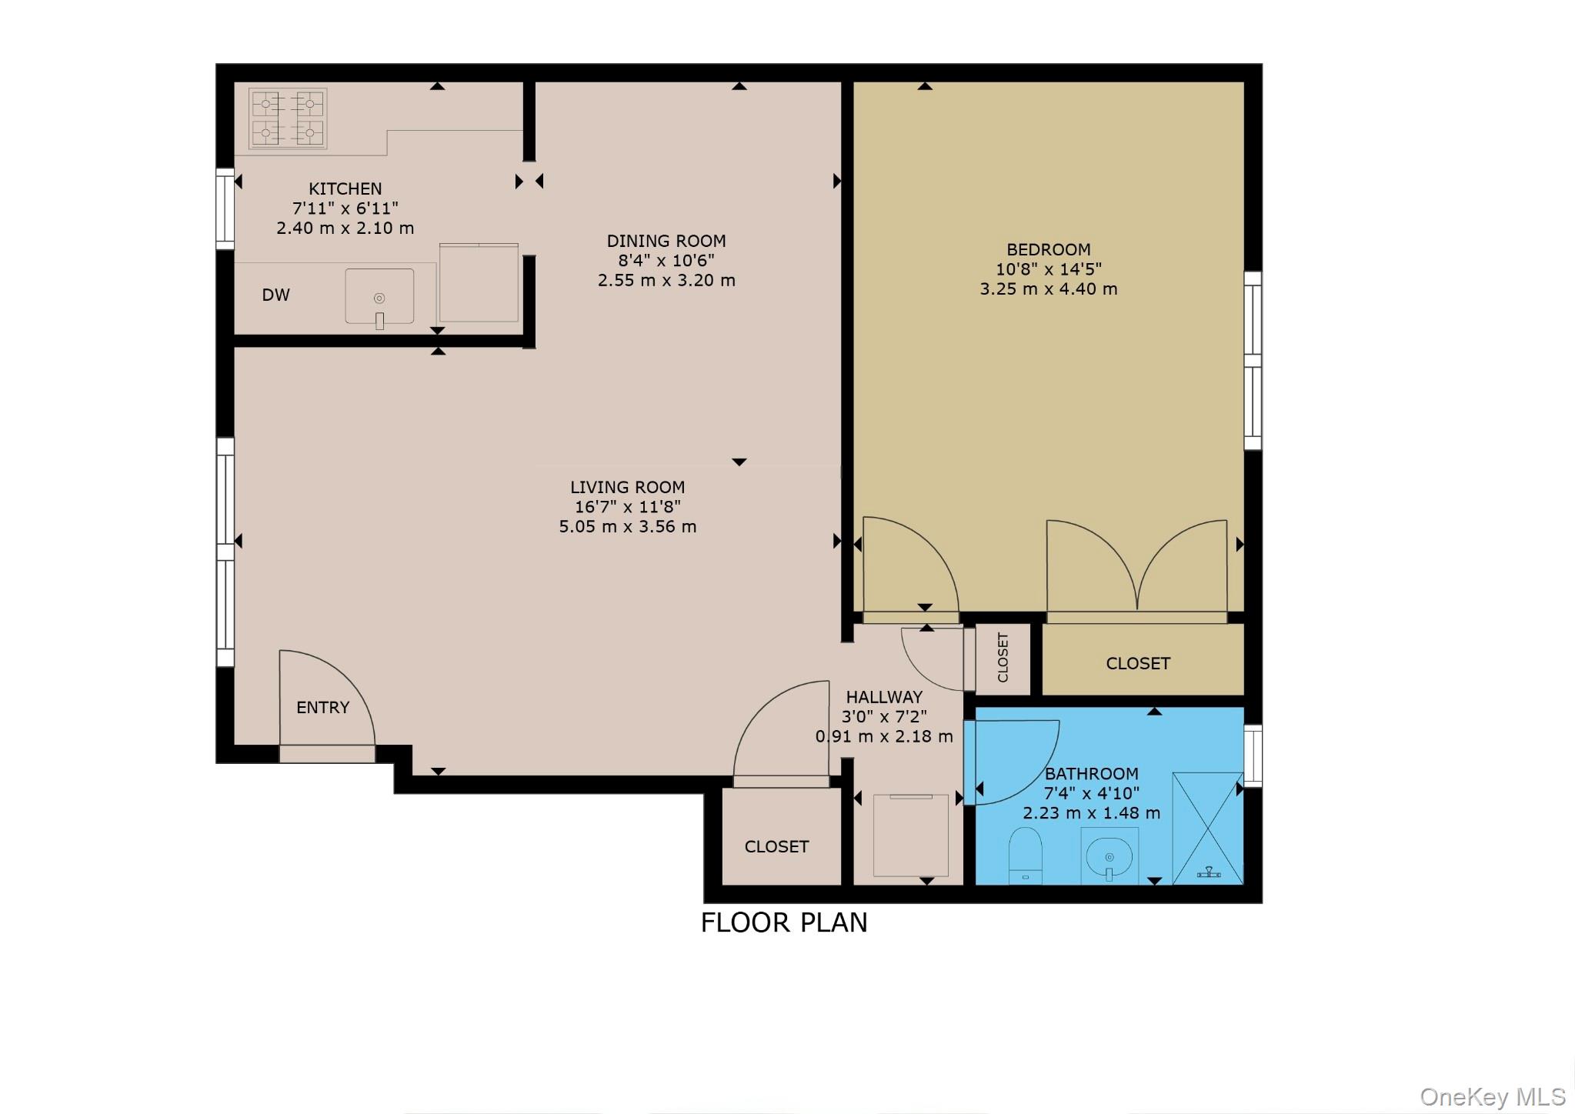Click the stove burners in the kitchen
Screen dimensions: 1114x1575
click(288, 118)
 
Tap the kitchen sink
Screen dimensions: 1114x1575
click(379, 297)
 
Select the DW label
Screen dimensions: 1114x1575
click(275, 295)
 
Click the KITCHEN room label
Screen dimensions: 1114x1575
click(345, 188)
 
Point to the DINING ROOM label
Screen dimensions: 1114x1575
click(666, 241)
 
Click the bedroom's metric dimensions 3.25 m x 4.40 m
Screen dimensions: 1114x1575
click(1048, 289)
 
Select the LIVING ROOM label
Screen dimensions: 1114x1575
click(627, 487)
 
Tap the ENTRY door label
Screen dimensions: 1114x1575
click(322, 707)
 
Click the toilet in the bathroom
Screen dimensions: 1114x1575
click(1025, 855)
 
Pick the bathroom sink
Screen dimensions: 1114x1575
click(1109, 856)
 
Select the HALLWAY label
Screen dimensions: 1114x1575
click(884, 697)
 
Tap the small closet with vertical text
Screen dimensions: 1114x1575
click(1003, 658)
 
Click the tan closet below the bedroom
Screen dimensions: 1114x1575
click(1138, 663)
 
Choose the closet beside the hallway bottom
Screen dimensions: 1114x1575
click(776, 846)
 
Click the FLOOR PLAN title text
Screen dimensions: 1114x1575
click(783, 922)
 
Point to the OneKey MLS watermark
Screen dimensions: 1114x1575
click(1492, 1096)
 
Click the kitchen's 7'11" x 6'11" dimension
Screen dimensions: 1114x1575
click(345, 208)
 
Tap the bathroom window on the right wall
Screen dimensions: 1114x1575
click(1253, 755)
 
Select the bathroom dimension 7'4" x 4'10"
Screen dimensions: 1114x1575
click(1091, 793)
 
